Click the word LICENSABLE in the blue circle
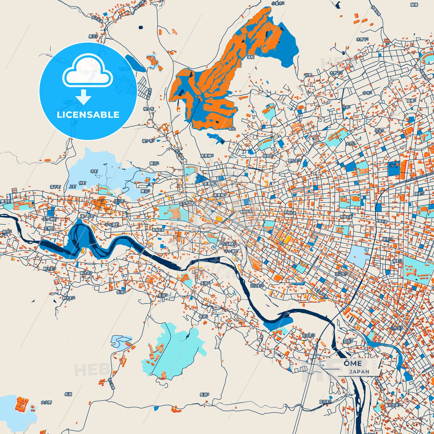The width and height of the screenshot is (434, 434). tap(88, 115)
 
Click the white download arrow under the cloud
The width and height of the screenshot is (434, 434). tap(84, 97)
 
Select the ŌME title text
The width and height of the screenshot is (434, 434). tap(353, 363)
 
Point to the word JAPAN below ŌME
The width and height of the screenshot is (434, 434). tap(359, 372)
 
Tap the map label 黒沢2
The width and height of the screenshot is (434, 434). tap(93, 36)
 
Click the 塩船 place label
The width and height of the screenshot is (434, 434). tap(250, 57)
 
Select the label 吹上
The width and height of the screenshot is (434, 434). tap(232, 129)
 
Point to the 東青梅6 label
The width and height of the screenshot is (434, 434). tap(207, 156)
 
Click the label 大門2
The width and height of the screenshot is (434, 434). tap(350, 144)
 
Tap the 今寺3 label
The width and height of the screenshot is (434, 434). tap(379, 131)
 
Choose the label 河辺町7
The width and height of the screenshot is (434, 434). tap(341, 274)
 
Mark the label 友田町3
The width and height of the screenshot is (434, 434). tap(308, 335)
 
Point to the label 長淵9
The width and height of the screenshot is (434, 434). tap(204, 395)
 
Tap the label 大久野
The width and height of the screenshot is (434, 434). tap(47, 402)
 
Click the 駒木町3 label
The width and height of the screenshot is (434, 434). tap(50, 269)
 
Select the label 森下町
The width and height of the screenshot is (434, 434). tap(56, 187)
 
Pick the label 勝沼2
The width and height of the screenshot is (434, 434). tap(154, 163)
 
